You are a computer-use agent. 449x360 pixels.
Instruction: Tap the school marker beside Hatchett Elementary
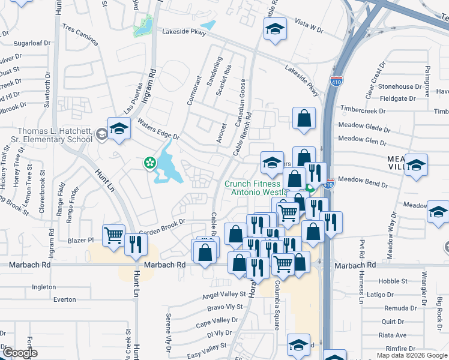(119, 128)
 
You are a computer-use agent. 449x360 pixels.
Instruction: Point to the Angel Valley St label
(224, 295)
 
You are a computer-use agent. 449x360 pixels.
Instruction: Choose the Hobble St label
(393, 281)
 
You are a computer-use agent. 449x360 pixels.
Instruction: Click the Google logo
(20, 353)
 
